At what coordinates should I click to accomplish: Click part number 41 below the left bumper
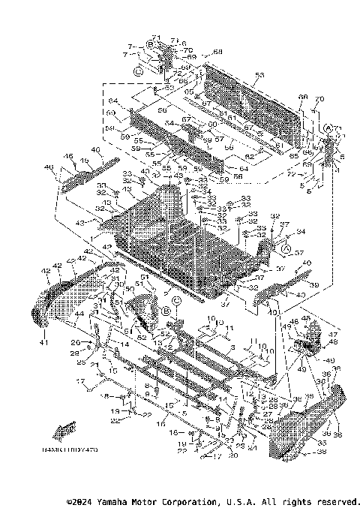tap(43, 343)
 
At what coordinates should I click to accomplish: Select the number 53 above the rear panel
tap(259, 75)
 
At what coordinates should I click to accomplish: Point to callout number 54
tap(169, 123)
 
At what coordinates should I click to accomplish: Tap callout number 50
tap(129, 288)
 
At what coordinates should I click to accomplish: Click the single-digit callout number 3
tap(232, 347)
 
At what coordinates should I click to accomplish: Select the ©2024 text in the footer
tap(79, 500)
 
